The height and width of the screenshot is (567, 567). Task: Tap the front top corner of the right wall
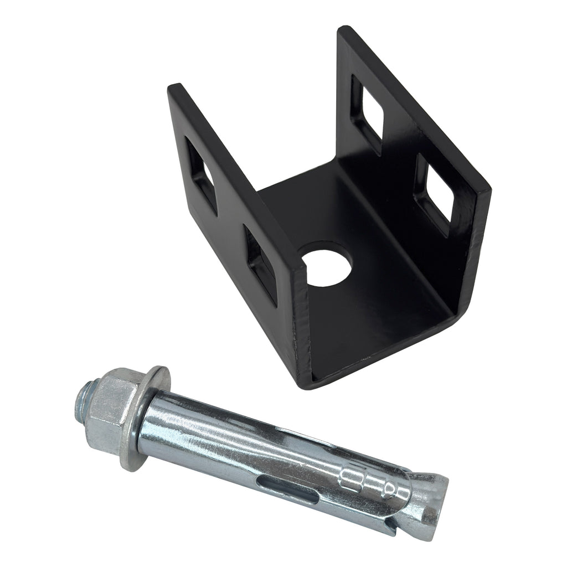pyautogui.click(x=487, y=192)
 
